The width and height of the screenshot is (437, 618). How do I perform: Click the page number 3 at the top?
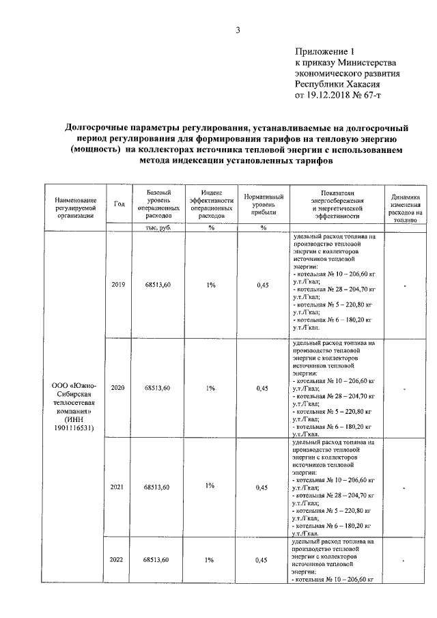coord(238,29)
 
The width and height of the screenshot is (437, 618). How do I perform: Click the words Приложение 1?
coord(325,51)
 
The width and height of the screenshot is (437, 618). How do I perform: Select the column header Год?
coord(119,203)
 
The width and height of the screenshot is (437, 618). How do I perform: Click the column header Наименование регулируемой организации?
coord(74,203)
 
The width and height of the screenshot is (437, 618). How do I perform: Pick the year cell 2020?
coord(118,388)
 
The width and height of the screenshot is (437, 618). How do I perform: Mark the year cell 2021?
coord(118,488)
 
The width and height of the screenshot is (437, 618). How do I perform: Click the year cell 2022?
coord(118,559)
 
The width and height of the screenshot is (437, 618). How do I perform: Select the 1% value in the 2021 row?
coord(209,486)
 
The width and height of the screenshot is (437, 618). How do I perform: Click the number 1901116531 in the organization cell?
coord(75,428)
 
